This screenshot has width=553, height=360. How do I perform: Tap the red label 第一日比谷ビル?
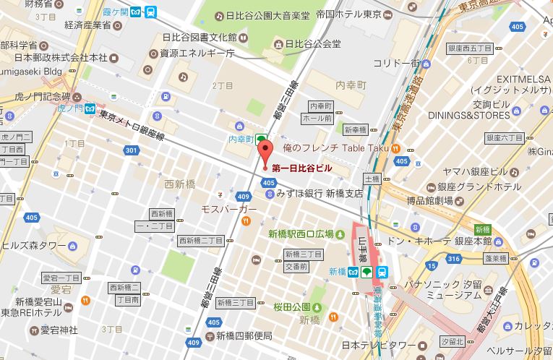[302, 167]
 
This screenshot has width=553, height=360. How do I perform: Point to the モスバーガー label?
[229, 209]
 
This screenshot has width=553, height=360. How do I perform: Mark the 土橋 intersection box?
[372, 178]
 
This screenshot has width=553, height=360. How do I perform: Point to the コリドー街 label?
[396, 63]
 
